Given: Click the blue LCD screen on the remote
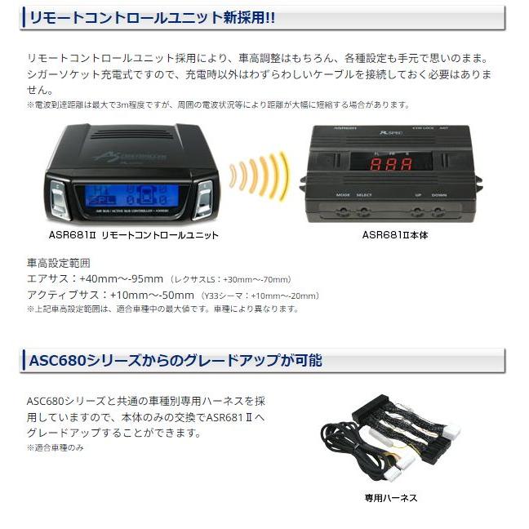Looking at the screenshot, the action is tap(123, 196).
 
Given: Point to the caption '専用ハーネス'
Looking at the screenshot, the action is tap(391, 497).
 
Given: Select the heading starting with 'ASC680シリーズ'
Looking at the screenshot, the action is tap(176, 360).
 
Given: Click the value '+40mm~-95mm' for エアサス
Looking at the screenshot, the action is tap(124, 278).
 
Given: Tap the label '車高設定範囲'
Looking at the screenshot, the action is tap(58, 264).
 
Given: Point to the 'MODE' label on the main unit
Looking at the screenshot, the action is tap(343, 195).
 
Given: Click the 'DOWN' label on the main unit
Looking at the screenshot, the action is tap(439, 195).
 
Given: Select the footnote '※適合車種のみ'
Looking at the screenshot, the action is tap(56, 447).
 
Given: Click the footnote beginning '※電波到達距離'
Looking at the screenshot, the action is tap(218, 105).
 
